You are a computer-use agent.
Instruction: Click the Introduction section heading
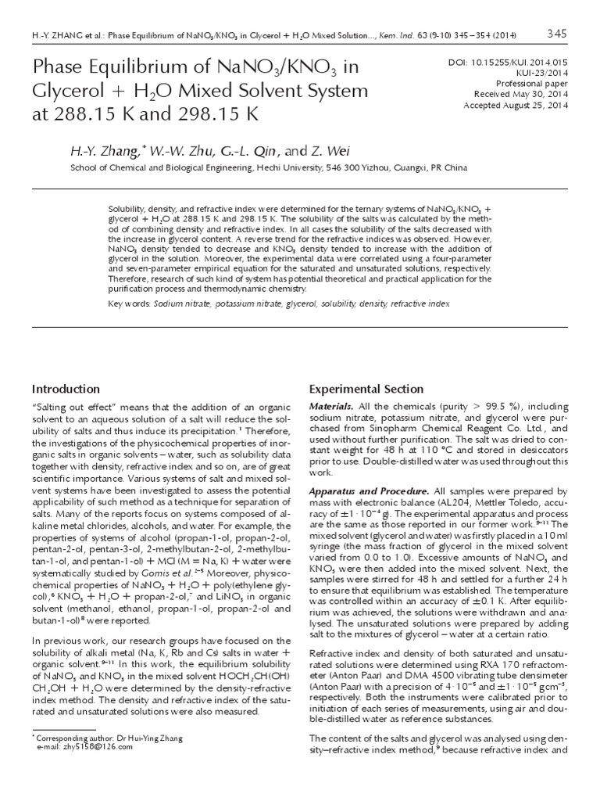coord(66,389)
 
